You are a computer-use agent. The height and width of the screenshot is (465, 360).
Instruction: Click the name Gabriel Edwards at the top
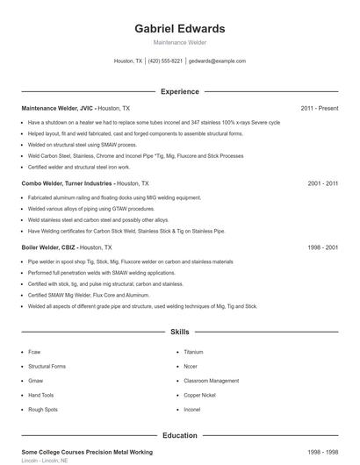(179, 29)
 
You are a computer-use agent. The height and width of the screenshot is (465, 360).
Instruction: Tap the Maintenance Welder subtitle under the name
(179, 42)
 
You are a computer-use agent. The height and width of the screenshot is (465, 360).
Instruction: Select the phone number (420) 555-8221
(165, 61)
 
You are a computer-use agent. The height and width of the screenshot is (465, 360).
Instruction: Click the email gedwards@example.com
(217, 61)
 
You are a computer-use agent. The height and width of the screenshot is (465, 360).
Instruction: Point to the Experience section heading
(179, 91)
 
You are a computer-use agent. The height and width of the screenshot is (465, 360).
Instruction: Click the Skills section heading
(179, 333)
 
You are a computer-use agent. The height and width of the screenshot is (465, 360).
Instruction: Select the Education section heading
(179, 435)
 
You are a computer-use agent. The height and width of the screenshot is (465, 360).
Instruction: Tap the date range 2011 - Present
(319, 108)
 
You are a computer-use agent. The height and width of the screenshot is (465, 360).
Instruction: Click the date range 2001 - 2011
(322, 184)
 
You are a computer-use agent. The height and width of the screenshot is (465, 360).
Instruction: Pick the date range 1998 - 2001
(322, 248)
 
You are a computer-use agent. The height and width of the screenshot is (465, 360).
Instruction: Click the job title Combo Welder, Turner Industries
(68, 184)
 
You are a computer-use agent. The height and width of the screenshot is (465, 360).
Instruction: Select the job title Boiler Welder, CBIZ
(57, 248)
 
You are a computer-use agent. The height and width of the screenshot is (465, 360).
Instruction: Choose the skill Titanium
(194, 351)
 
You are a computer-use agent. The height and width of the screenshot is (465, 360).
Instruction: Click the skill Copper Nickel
(198, 395)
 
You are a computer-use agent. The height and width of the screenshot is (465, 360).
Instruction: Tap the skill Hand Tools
(40, 395)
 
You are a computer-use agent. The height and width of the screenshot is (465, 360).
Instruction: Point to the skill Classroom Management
(211, 381)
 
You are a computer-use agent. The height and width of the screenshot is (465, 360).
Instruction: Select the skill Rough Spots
(43, 410)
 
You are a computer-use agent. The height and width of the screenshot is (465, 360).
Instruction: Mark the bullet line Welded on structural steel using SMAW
(83, 145)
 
